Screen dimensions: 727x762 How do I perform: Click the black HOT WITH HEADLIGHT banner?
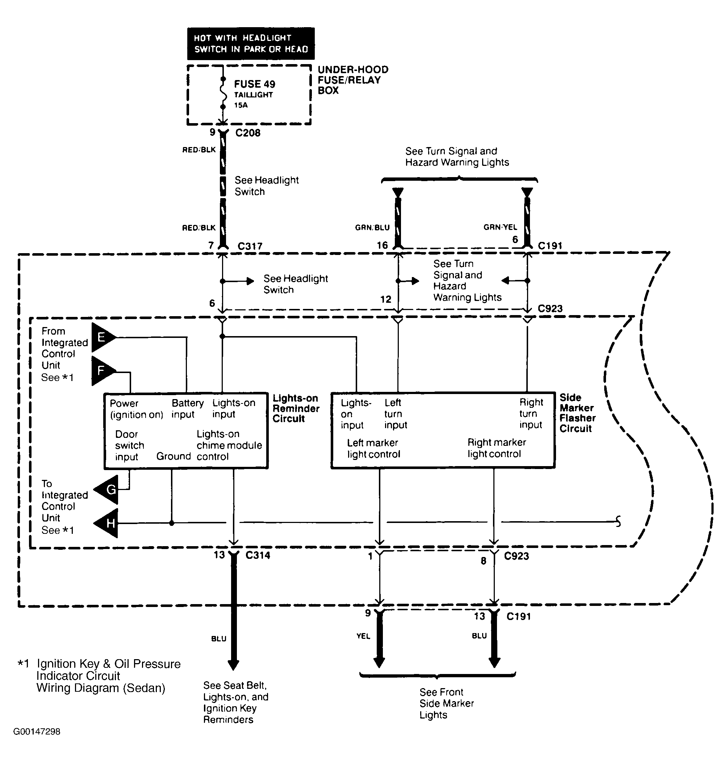pyautogui.click(x=251, y=43)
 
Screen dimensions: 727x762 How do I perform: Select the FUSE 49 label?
pyautogui.click(x=255, y=84)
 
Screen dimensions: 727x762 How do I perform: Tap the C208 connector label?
pyautogui.click(x=248, y=133)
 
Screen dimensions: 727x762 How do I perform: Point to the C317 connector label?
pyautogui.click(x=250, y=246)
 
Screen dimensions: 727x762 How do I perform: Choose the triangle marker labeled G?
pyautogui.click(x=106, y=490)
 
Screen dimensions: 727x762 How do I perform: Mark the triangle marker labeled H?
pyautogui.click(x=106, y=523)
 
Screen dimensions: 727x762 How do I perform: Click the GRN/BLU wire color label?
pyautogui.click(x=372, y=227)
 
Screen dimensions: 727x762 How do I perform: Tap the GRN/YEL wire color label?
pyautogui.click(x=500, y=227)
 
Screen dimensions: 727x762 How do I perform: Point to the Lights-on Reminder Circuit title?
pyautogui.click(x=296, y=408)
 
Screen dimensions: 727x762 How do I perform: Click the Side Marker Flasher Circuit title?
pyautogui.click(x=578, y=413)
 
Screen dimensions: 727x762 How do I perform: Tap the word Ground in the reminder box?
pyautogui.click(x=174, y=456)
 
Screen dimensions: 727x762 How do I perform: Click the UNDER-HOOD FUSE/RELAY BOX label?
pyautogui.click(x=353, y=80)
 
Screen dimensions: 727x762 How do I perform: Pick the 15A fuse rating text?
pyautogui.click(x=241, y=105)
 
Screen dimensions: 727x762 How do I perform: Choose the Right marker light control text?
pyautogui.click(x=497, y=448)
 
